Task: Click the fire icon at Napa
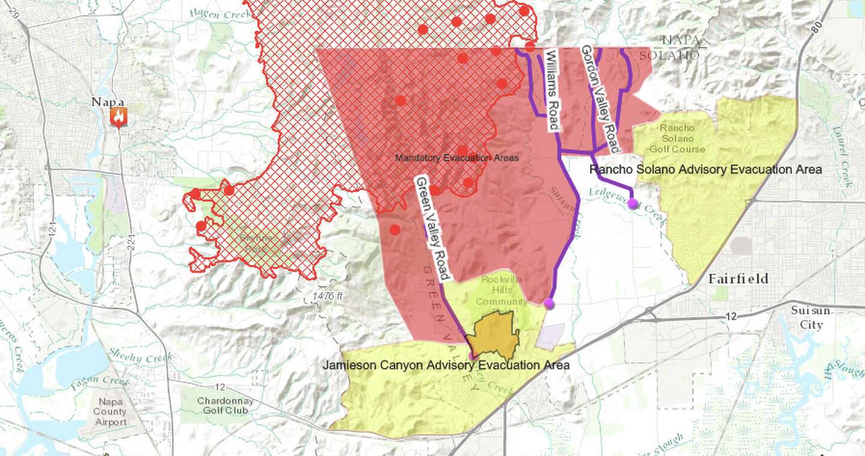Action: (x=118, y=117)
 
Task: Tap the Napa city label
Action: (x=108, y=102)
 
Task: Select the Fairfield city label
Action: (x=738, y=279)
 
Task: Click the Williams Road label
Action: (x=552, y=90)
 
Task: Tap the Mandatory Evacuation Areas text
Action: (x=457, y=158)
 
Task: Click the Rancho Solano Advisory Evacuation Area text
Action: (x=705, y=169)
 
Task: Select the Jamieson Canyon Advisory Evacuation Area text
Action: (x=446, y=365)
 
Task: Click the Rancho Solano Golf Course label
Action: (x=677, y=138)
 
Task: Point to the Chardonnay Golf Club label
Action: (x=217, y=406)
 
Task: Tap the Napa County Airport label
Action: (x=110, y=412)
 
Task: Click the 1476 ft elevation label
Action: (x=327, y=296)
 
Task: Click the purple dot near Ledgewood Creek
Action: (x=633, y=204)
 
